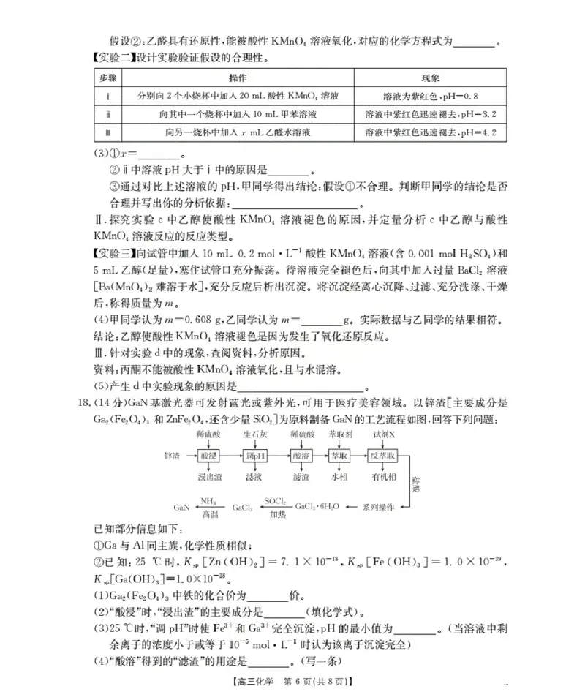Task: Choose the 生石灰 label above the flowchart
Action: pyautogui.click(x=254, y=434)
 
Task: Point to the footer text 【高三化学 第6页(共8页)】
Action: pyautogui.click(x=302, y=682)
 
